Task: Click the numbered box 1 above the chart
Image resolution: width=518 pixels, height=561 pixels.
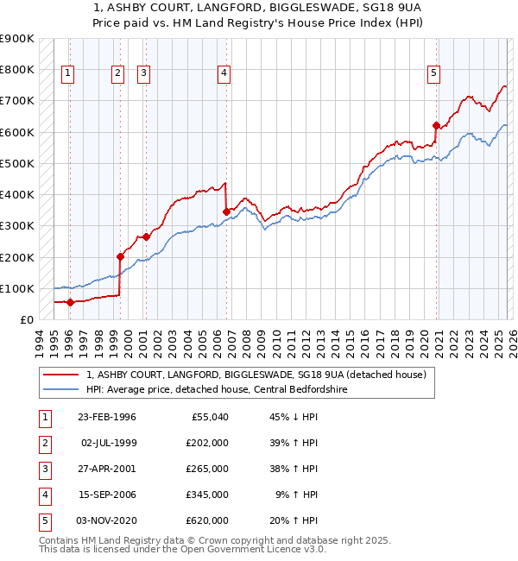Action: point(67,74)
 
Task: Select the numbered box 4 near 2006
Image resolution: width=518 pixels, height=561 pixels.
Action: point(224,74)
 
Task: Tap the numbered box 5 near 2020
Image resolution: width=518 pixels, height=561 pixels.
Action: point(433,74)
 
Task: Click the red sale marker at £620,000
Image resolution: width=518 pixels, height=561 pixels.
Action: point(436,125)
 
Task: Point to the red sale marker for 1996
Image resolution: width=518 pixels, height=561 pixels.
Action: point(70,302)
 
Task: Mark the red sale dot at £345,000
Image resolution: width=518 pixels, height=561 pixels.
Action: point(226,211)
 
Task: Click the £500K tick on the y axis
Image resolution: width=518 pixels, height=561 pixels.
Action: point(17,163)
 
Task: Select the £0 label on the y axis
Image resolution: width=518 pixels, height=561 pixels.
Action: point(26,319)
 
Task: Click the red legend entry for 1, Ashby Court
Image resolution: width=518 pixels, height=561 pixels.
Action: point(256,375)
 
